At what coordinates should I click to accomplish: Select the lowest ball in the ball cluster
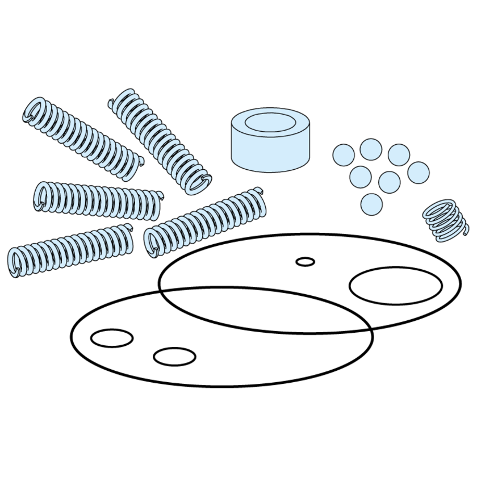click(x=371, y=203)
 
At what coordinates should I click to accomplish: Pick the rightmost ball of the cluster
click(x=419, y=172)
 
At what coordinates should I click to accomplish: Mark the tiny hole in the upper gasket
click(x=306, y=262)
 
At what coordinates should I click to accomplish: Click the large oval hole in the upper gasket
click(x=395, y=286)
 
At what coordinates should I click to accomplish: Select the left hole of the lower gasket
click(x=112, y=338)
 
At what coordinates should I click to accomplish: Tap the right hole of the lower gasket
click(x=174, y=356)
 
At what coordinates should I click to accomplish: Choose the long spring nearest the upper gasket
click(x=204, y=221)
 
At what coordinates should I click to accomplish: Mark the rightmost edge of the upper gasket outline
click(x=461, y=282)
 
